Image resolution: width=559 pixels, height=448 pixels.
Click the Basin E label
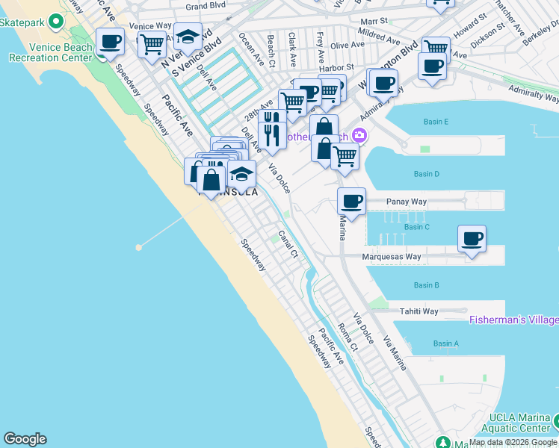[x=436, y=122]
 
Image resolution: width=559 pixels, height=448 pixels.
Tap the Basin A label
[x=445, y=343]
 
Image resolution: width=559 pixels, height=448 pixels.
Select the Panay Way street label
[x=407, y=202]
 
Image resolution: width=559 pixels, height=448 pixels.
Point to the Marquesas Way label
[x=392, y=257]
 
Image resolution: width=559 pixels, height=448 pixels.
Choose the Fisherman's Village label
[x=513, y=320]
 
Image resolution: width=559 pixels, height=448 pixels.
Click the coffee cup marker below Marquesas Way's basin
[x=472, y=239]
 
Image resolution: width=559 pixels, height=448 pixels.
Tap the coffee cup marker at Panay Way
[x=352, y=201]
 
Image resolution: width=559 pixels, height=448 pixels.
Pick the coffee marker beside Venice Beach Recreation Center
[x=110, y=42]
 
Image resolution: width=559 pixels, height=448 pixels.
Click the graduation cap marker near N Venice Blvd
[x=188, y=36]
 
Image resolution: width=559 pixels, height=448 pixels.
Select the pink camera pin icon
[x=359, y=135]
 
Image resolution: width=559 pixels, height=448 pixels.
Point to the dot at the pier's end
[x=138, y=246]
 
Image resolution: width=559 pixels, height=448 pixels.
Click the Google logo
[x=25, y=439]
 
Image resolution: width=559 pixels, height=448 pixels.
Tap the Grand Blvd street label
[x=206, y=7]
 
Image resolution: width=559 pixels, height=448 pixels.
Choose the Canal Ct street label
[x=288, y=244]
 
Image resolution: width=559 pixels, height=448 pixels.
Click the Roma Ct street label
[x=348, y=338]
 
